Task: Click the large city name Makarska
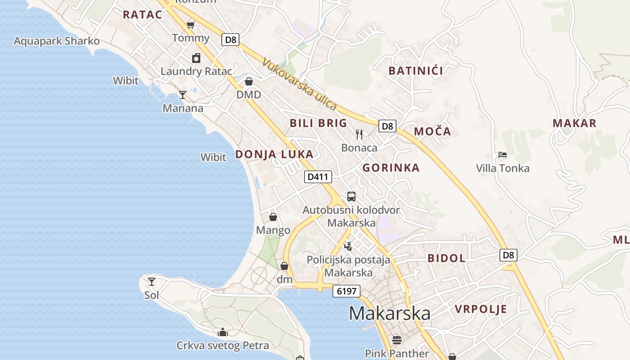pos(389,313)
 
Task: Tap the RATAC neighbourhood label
pos(142,14)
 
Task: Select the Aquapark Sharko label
pos(57,41)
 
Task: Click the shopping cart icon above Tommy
pos(191,25)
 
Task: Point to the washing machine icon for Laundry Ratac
pos(196,58)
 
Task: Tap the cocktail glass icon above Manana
pos(183,94)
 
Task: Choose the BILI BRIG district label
pos(318,123)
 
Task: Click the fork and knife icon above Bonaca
pos(359,134)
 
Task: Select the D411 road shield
pos(318,177)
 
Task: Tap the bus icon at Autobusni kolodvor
pos(351,197)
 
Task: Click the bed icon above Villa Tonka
pos(503,155)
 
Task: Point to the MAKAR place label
pos(574,123)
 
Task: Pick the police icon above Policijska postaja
pos(348,246)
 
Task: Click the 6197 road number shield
pos(346,291)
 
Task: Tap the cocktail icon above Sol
pos(152,282)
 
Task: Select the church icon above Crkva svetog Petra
pos(222,333)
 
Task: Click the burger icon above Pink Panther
pos(396,340)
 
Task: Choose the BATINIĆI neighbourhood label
pos(416,71)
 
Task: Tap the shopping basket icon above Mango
pos(273,217)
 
